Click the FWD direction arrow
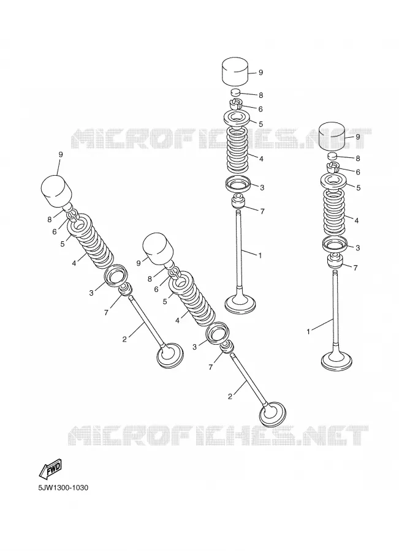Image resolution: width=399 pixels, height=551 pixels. [x=50, y=470]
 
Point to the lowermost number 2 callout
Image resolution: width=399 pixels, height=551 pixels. [x=230, y=396]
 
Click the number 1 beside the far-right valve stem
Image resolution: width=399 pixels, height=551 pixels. [x=308, y=331]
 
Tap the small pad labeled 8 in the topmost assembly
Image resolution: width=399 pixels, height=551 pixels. [x=235, y=93]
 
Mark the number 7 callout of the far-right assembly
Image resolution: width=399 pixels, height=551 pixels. [x=355, y=268]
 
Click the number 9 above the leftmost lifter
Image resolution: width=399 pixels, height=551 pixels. [x=61, y=154]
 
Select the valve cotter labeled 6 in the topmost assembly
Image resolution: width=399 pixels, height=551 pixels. [x=236, y=104]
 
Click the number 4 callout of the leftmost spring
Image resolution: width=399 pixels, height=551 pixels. [x=74, y=263]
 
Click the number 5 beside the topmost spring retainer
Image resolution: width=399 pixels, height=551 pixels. [x=260, y=124]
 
